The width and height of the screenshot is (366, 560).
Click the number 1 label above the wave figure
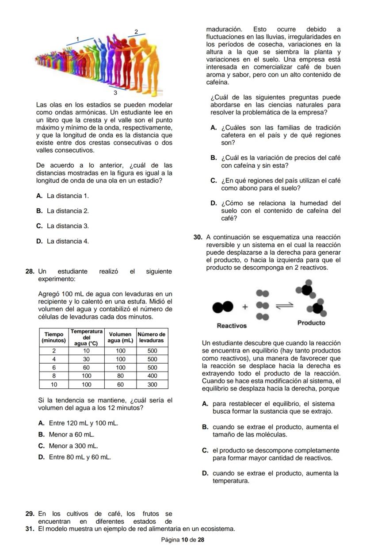coord(77,39)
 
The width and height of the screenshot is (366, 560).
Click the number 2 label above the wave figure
coord(136,31)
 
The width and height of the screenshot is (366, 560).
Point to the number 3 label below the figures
coord(115,93)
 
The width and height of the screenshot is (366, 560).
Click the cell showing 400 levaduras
coord(152,376)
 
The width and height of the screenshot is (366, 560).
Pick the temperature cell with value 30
coord(87,359)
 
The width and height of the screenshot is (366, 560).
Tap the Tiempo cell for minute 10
coord(53,384)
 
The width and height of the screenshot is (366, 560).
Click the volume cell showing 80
coord(121,376)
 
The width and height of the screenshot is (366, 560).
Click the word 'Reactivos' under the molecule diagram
coord(232,326)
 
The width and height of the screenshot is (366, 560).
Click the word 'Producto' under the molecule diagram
coord(311,323)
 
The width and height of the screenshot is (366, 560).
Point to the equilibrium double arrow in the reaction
coord(285,306)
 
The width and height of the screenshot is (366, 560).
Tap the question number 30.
coord(198,238)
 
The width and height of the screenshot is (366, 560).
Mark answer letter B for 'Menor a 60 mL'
coord(41,434)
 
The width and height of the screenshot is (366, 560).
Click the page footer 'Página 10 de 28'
coord(183,540)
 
